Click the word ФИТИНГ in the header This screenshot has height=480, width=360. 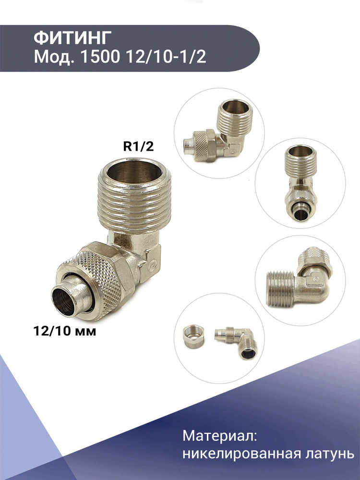(x=72, y=38)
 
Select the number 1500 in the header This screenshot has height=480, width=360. (x=99, y=57)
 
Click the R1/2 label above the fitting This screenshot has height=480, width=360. (x=138, y=146)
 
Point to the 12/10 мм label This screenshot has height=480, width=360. (x=65, y=331)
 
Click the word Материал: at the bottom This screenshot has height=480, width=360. (x=219, y=436)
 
